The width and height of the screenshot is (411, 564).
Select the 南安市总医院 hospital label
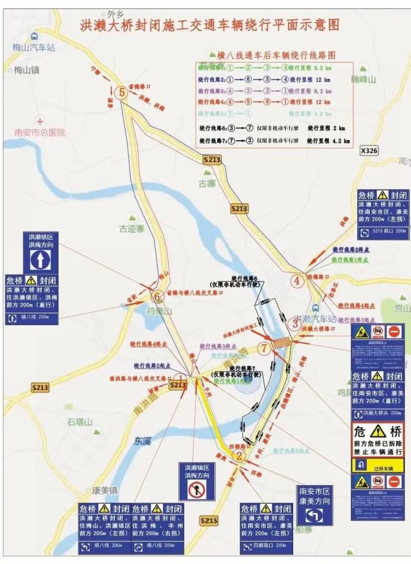pyautogui.click(x=40, y=132)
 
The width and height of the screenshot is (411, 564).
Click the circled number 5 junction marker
pyautogui.click(x=122, y=92)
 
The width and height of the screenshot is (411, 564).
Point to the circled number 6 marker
pyautogui.click(x=157, y=296)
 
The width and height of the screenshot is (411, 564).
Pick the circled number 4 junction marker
pyautogui.click(x=297, y=281)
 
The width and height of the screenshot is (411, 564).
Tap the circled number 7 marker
pyautogui.click(x=265, y=348)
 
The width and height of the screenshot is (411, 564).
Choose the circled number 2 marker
pyautogui.click(x=239, y=456)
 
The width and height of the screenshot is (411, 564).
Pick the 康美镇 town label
pyautogui.click(x=104, y=490)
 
